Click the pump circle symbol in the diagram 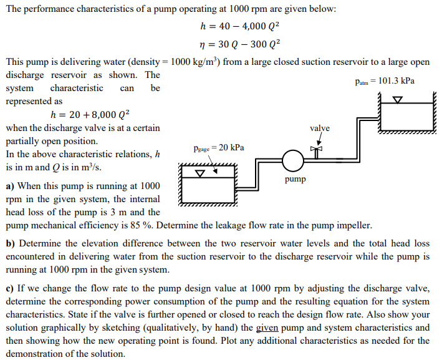pos(293,161)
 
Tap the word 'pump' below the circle pos(296,179)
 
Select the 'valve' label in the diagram pos(319,128)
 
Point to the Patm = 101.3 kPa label pos(384,81)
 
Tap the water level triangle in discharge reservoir pos(397,99)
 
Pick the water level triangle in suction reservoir pos(201,172)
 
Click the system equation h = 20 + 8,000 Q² pos(89,114)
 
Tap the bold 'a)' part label pos(11,186)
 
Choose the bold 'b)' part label pos(11,243)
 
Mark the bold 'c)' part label pos(11,288)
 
